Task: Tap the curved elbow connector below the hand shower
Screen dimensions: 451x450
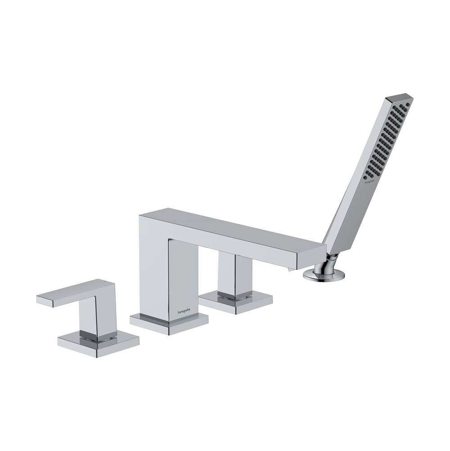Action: pos(332,261)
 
